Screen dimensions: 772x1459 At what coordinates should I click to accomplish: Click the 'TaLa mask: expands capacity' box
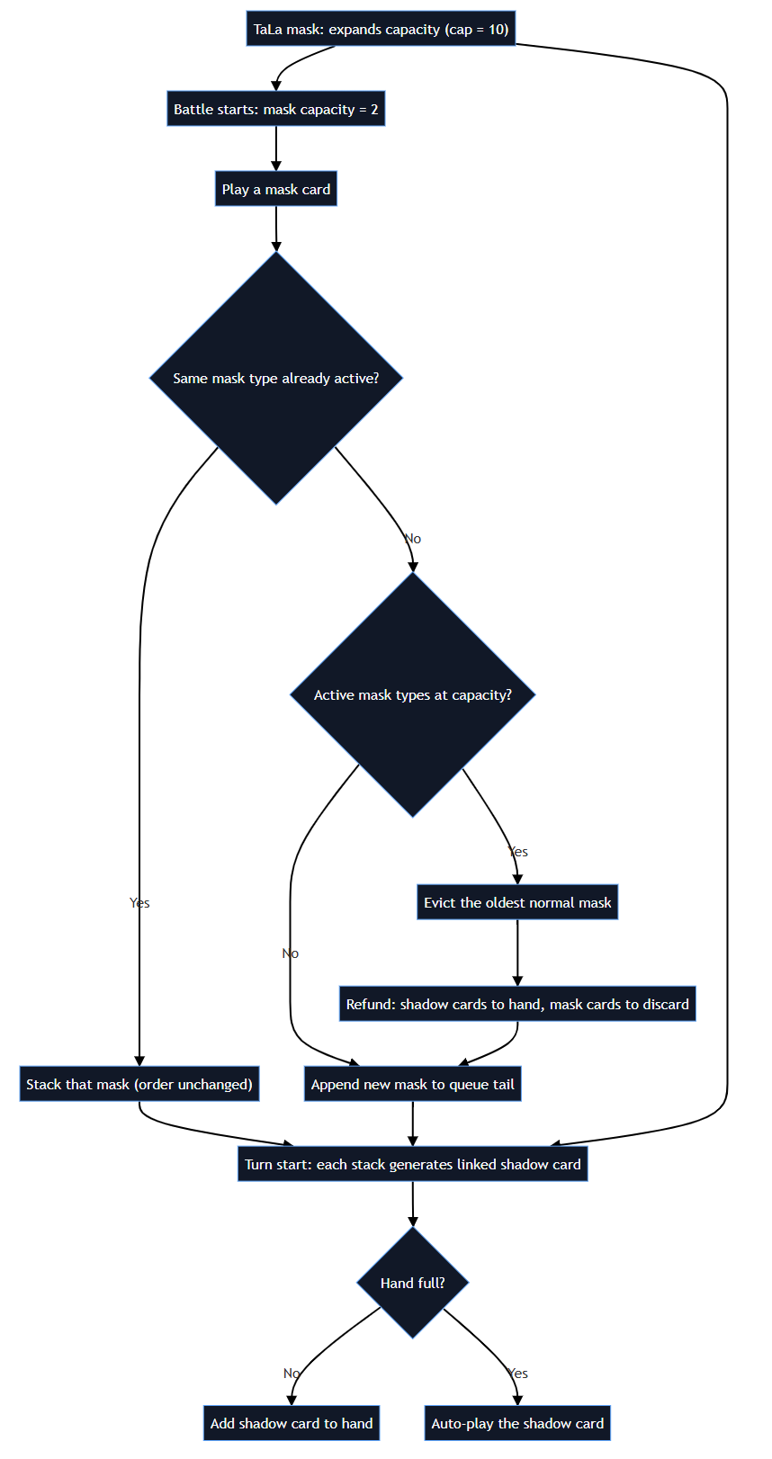coord(381,29)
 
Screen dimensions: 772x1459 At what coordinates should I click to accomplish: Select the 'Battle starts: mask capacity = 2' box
coord(275,109)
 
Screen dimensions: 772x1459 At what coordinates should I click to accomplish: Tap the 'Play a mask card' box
coord(275,189)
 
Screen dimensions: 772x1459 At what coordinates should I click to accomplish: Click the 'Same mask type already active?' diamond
coord(275,378)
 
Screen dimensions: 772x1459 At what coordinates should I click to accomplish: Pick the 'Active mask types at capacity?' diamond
coord(412,694)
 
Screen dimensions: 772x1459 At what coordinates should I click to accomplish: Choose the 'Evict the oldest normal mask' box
coord(517,902)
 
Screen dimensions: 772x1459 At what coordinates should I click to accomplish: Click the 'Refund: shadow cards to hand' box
coord(517,1004)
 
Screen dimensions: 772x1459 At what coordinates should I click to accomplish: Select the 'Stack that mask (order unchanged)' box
coord(139,1084)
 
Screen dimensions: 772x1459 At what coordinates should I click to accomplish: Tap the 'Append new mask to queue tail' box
coord(412,1084)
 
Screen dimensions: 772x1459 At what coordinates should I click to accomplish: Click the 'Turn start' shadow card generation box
coord(412,1164)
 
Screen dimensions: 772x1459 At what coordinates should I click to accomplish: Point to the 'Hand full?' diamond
coord(412,1283)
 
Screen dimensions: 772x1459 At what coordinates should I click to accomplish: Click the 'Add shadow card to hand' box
coord(292,1423)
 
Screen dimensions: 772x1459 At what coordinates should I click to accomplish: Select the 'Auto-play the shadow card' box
coord(517,1423)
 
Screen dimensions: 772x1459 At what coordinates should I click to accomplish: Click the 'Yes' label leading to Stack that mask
coord(139,903)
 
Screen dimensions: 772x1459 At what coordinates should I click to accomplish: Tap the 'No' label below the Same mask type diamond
coord(412,539)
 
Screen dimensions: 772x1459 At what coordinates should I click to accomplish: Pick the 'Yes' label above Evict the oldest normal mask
coord(518,851)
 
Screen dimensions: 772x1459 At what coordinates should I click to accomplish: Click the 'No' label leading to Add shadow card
coord(292,1373)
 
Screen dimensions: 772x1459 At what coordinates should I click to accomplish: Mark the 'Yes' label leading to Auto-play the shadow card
coord(518,1373)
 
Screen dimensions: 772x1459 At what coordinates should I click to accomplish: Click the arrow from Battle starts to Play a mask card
coord(275,148)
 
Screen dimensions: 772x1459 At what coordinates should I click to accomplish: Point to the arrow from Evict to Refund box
coord(517,953)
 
